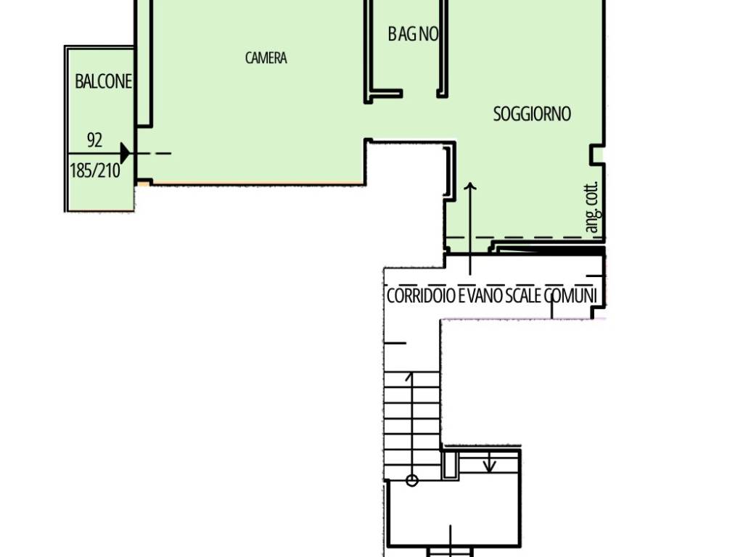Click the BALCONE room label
click(103, 81)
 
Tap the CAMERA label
click(266, 58)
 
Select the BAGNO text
click(413, 33)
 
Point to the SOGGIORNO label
click(532, 114)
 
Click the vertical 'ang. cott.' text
click(593, 207)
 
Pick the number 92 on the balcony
click(94, 140)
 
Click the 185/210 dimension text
click(95, 170)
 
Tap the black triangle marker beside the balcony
click(125, 153)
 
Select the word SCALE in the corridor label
click(523, 296)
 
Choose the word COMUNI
click(570, 296)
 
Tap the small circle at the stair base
click(412, 481)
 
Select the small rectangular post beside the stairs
click(450, 465)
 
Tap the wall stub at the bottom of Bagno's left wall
click(384, 95)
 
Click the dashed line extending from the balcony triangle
click(151, 154)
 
